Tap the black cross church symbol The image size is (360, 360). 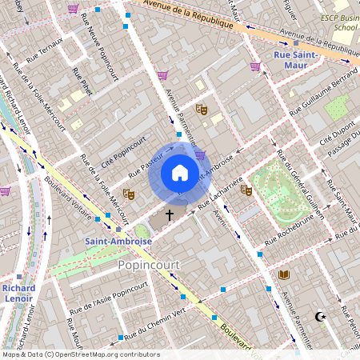tap(169, 214)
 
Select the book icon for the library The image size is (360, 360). tap(282, 275)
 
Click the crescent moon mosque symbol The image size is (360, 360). tap(322, 318)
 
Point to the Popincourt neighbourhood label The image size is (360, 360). tap(148, 264)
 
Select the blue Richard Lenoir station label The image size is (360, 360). tap(18, 294)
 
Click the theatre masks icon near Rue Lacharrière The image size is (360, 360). tap(246, 190)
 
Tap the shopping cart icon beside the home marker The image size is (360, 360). tap(200, 154)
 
